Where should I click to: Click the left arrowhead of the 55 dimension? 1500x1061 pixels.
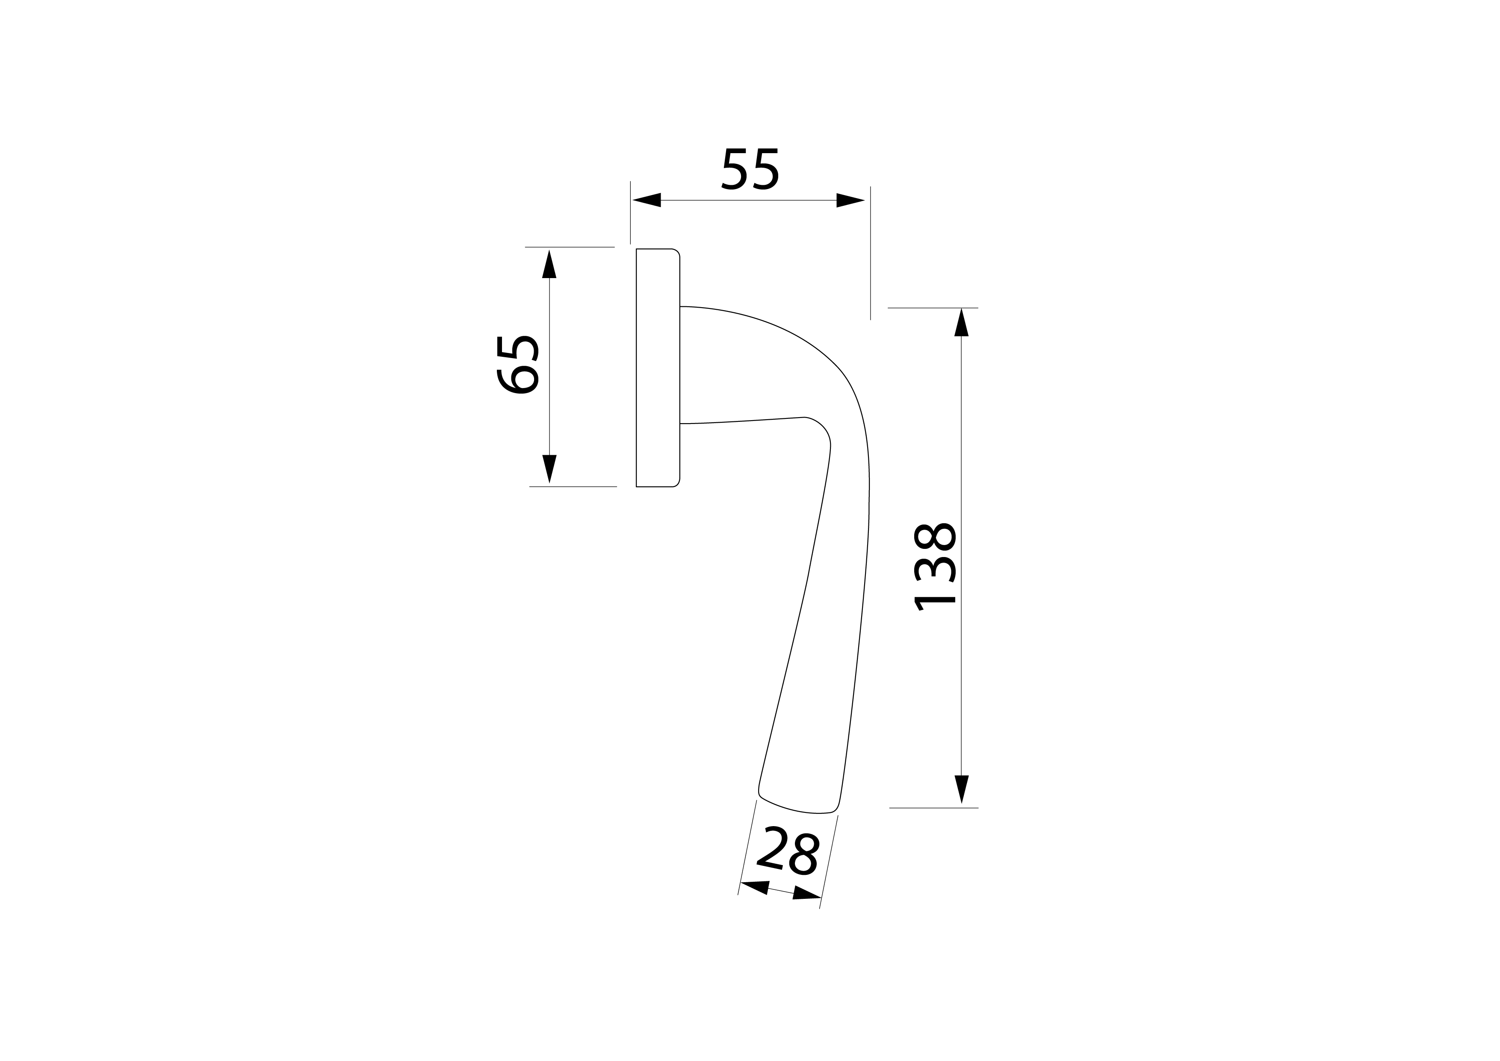point(647,200)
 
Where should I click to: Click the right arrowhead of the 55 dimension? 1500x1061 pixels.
point(850,200)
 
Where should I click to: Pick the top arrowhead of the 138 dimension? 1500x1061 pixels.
point(961,323)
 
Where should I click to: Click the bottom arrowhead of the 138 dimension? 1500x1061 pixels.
point(961,788)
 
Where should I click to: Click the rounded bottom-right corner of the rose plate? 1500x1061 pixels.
point(676,483)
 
